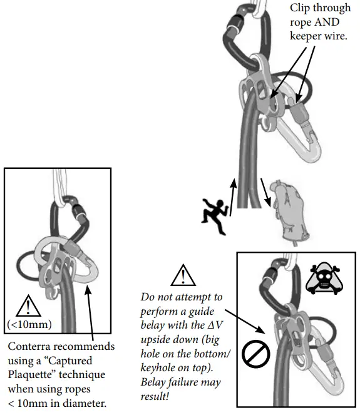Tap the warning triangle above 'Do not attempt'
182,276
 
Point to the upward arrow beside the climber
234,198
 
